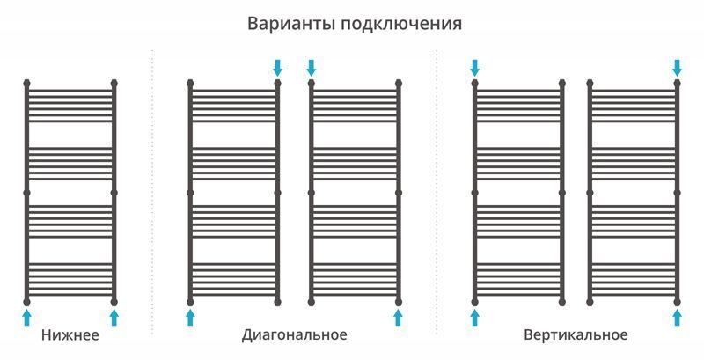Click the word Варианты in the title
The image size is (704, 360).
pos(292,24)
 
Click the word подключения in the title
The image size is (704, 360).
pos(401,25)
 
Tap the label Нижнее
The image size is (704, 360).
pos(70,334)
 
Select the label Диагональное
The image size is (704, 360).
pos(295,334)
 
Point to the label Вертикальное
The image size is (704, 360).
pos(576,334)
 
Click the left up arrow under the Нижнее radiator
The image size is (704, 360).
pos(27,317)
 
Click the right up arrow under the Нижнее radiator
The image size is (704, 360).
pos(114,317)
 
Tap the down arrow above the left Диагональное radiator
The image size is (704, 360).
pos(277,68)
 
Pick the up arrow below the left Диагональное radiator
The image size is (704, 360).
pos(190,317)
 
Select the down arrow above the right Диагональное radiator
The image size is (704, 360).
pos(312,68)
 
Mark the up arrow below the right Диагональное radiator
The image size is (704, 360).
pos(399,317)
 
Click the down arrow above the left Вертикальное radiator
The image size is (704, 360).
pos(474,68)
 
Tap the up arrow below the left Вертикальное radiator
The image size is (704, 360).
pos(474,317)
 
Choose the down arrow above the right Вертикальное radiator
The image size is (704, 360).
pos(677,68)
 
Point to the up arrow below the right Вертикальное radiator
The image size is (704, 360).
pos(677,317)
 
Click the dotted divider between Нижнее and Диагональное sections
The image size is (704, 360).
pos(152,192)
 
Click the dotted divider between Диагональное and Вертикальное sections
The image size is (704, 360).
pos(436,192)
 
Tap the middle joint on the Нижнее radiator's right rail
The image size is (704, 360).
pos(114,193)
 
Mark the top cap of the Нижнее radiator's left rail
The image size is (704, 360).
pos(27,83)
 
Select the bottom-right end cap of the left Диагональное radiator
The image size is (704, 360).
pos(277,302)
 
